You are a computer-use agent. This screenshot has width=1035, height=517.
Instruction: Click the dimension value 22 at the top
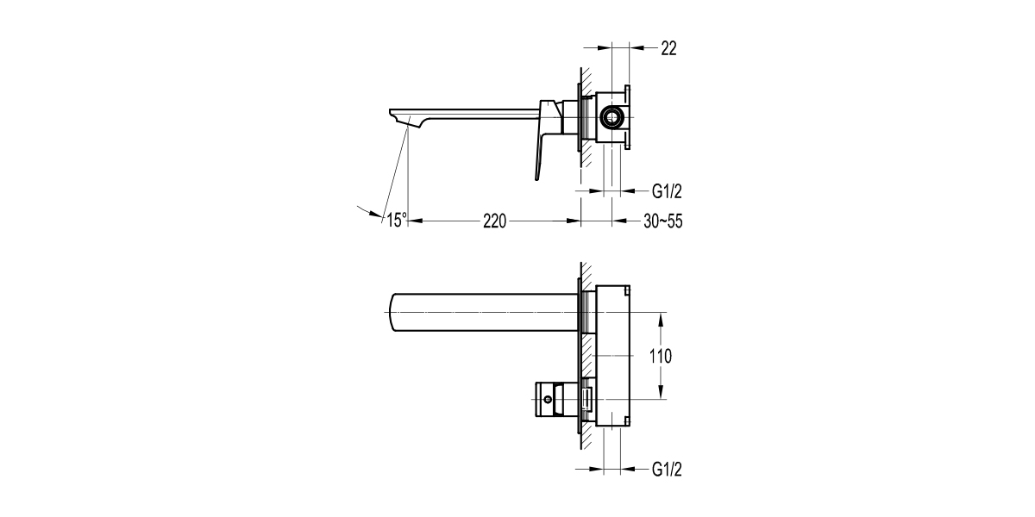pos(668,49)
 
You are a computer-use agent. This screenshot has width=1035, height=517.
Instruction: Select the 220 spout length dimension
pos(493,221)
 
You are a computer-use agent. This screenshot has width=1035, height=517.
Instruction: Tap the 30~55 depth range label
pos(663,221)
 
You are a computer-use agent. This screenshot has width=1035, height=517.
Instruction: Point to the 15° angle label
pos(396,221)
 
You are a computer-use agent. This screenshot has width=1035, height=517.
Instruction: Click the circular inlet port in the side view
pos(612,115)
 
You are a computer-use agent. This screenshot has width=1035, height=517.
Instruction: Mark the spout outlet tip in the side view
pos(399,115)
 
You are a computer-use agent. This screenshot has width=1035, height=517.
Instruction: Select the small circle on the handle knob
pos(546,400)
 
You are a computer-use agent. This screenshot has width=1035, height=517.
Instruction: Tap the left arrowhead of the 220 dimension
pos(412,221)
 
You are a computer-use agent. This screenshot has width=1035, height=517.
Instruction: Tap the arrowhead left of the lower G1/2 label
pos(598,470)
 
